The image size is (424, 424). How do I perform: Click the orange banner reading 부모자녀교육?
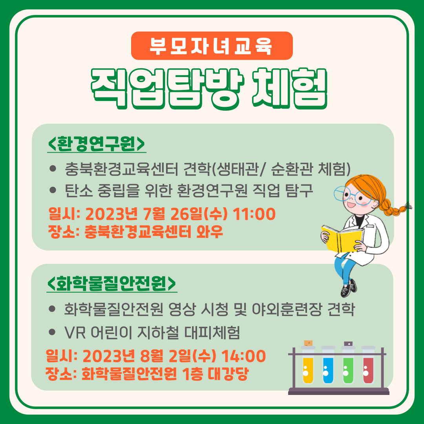(x=212, y=46)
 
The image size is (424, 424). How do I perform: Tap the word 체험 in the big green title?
(x=290, y=88)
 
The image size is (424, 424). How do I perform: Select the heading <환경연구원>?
(x=97, y=144)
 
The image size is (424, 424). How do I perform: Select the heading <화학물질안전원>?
(x=111, y=283)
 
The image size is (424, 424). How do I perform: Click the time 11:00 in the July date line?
(x=254, y=214)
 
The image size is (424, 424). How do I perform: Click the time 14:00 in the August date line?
(x=244, y=356)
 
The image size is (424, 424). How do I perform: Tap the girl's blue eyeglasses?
(x=351, y=195)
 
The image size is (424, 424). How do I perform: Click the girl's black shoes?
(x=349, y=288)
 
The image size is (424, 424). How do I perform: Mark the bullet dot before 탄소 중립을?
(x=53, y=190)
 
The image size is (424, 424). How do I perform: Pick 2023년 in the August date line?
(x=109, y=356)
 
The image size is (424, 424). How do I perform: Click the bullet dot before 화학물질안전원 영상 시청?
(x=52, y=309)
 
